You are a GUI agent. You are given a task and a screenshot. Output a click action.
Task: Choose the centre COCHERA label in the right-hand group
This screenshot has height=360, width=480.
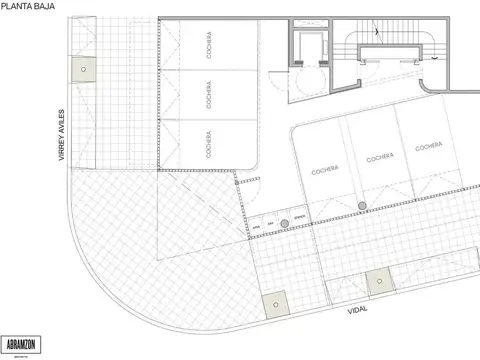[x=379, y=157]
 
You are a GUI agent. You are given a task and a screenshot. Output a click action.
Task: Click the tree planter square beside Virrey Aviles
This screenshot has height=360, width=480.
[x=83, y=69]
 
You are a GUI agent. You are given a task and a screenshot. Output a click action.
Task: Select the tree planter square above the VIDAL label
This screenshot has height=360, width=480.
[x=379, y=282]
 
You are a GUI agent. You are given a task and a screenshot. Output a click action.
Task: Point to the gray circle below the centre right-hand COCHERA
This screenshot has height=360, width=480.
[x=362, y=207]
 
